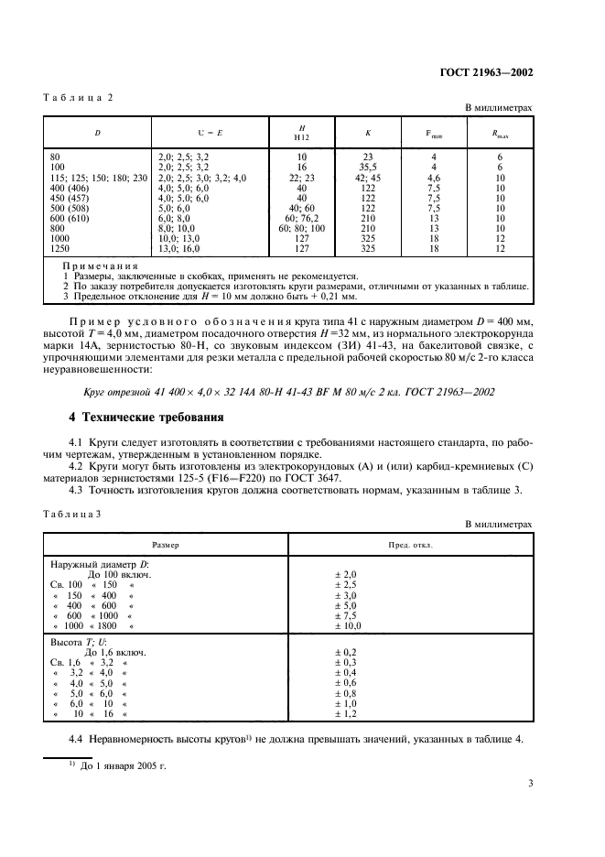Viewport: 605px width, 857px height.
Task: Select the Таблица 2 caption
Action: tap(78, 96)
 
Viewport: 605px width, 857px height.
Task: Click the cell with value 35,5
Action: tap(367, 168)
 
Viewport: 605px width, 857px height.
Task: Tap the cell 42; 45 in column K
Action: tap(367, 178)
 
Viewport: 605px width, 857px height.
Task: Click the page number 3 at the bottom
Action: tap(530, 783)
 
